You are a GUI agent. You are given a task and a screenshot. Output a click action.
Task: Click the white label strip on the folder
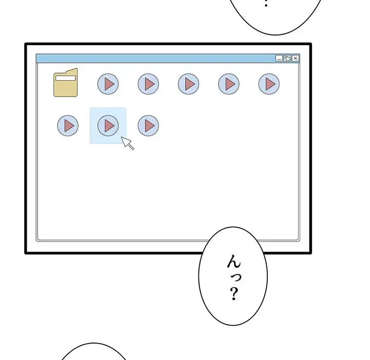pos(66,78)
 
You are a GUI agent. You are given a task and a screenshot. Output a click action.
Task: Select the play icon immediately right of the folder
pos(108,84)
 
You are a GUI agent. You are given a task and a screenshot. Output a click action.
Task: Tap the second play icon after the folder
pos(148,84)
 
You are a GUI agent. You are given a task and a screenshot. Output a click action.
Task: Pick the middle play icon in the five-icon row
pos(189,84)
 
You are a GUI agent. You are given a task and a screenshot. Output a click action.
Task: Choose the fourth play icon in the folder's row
pos(229,84)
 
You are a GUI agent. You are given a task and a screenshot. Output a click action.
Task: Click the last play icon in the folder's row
pos(269,84)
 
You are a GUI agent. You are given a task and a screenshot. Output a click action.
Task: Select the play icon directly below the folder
pos(68,125)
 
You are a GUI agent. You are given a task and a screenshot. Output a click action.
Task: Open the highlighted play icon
pos(108,125)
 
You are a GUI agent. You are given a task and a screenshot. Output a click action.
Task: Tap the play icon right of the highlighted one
pos(148,125)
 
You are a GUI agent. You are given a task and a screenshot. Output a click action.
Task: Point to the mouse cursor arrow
pos(127,142)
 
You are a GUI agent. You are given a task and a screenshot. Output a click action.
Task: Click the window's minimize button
pos(279,59)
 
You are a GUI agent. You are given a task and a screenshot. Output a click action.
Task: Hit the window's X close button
pos(295,59)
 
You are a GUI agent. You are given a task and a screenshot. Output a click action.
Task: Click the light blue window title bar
pos(154,59)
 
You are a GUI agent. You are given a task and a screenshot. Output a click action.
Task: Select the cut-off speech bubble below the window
pos(95,353)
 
